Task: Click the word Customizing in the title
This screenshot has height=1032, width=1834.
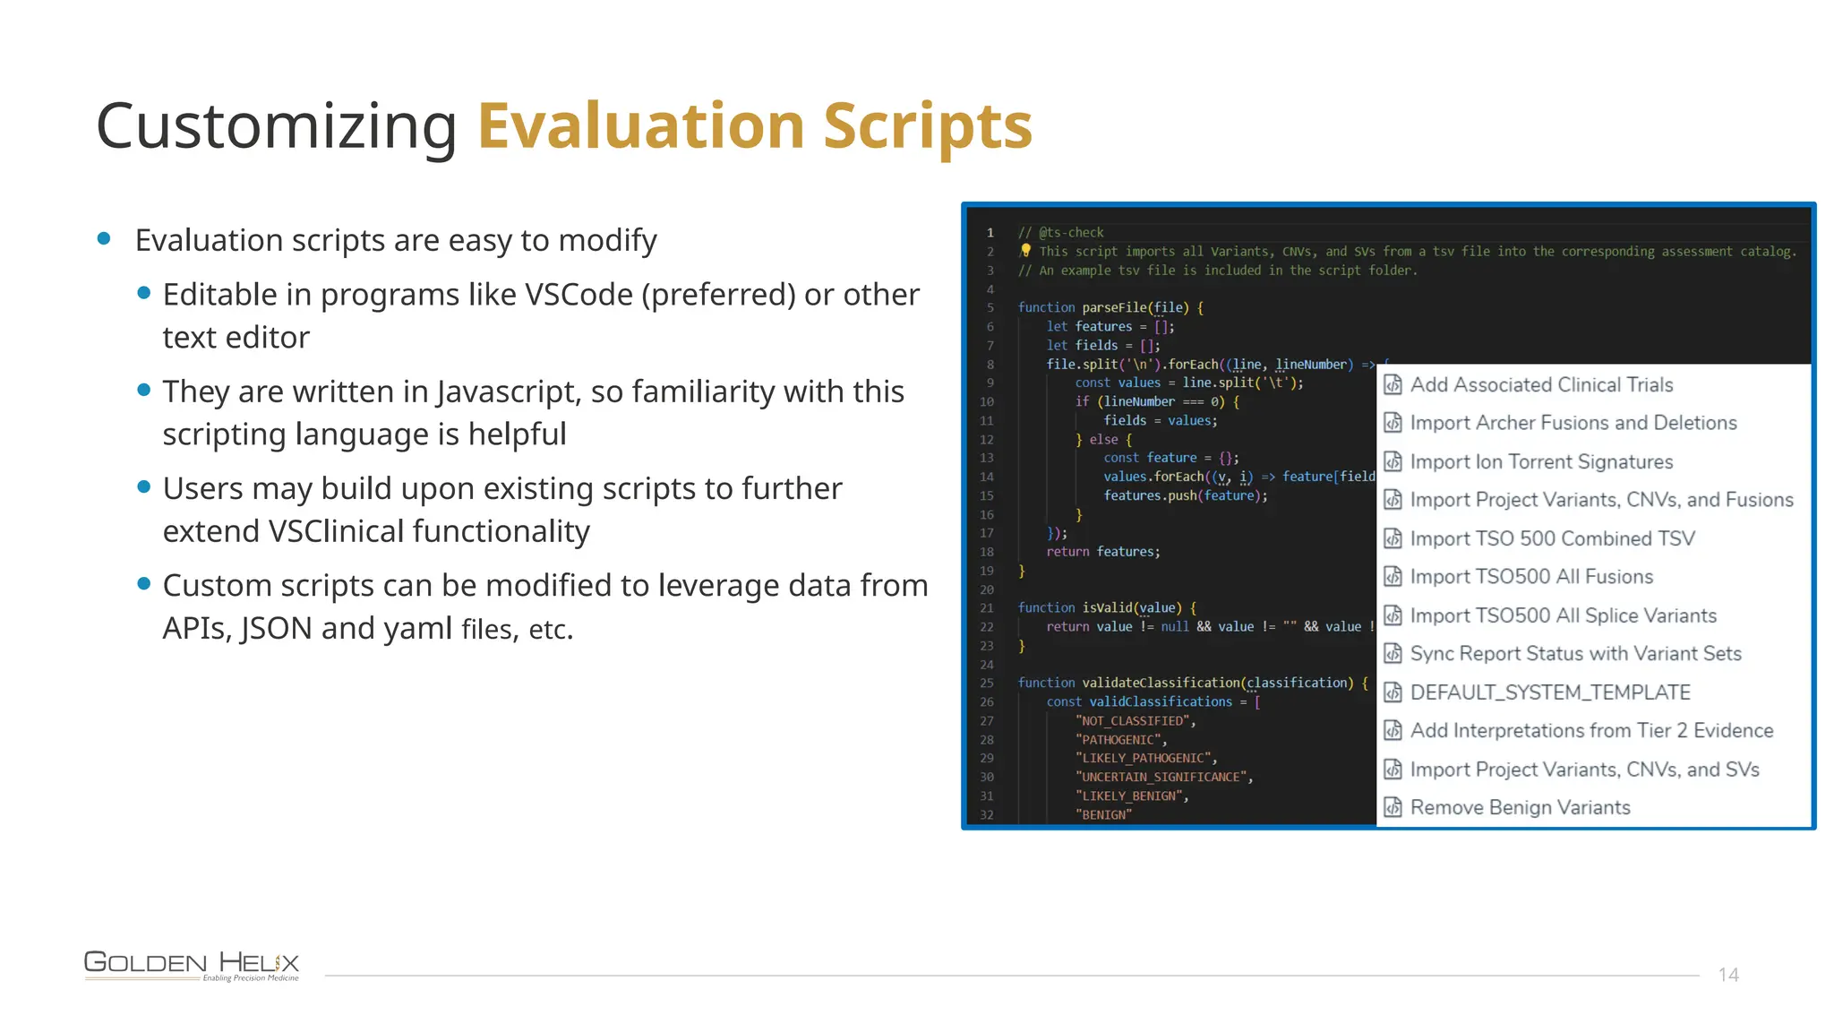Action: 276,126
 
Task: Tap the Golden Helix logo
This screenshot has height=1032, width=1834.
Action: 192,965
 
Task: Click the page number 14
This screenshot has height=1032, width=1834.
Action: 1728,975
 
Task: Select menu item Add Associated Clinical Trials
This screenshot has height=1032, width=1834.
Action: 1541,385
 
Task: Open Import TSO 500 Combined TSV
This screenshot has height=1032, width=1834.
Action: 1552,538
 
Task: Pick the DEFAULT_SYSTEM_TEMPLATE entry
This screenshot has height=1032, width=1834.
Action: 1550,692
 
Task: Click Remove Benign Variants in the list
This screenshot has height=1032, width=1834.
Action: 1520,808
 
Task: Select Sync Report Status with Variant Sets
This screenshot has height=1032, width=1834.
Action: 1575,654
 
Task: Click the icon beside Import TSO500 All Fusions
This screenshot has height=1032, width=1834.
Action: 1393,577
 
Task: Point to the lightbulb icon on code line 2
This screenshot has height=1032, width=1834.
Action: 1026,251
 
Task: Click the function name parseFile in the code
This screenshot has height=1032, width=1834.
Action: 1114,308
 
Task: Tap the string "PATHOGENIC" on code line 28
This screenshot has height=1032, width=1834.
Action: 1119,740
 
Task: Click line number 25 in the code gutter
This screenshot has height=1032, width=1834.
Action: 987,683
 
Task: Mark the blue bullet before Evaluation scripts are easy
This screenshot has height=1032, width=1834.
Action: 104,238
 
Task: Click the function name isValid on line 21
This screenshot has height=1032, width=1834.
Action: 1107,608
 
